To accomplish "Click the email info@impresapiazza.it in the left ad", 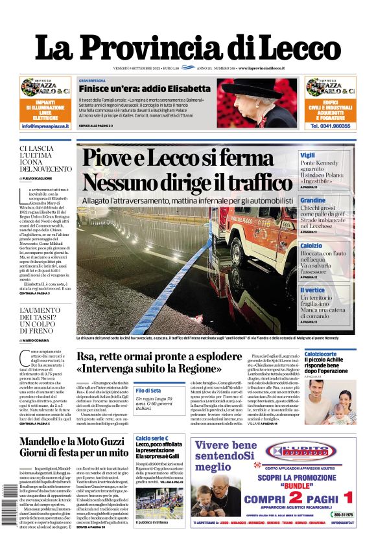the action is pyautogui.click(x=45, y=126).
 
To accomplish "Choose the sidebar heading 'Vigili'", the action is pyautogui.click(x=308, y=155).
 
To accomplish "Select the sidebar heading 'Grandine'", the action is pyautogui.click(x=312, y=201).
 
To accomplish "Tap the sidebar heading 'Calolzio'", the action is pyautogui.click(x=311, y=246).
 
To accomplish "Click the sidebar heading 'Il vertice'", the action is pyautogui.click(x=312, y=290).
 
